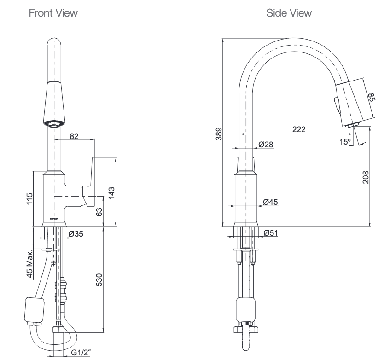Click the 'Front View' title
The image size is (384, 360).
(x=53, y=13)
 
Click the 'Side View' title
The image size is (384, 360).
(x=289, y=13)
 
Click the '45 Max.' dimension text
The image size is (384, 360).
(x=30, y=264)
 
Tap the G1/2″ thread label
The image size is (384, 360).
(x=81, y=353)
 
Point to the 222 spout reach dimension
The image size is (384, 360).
(x=299, y=130)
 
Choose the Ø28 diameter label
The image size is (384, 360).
(x=266, y=144)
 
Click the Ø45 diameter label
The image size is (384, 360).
(x=270, y=201)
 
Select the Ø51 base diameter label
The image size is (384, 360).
(x=271, y=233)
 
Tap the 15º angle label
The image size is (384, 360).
(x=345, y=142)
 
